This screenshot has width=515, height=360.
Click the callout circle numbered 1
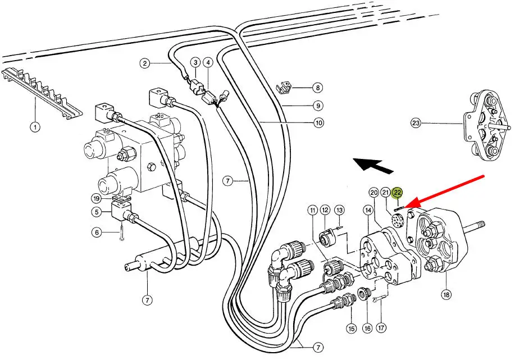[35, 127]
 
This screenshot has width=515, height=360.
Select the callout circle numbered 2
[144, 63]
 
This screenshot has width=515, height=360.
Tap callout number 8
[318, 88]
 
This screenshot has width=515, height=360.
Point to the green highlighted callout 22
[398, 193]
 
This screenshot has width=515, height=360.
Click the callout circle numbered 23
[416, 123]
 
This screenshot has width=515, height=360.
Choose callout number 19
[97, 198]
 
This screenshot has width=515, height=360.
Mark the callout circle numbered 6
[97, 231]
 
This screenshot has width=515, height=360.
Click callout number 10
[318, 122]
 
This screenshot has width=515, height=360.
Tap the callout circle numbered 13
[339, 210]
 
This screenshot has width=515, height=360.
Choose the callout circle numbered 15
[352, 329]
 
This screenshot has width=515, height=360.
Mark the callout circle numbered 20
[374, 193]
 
